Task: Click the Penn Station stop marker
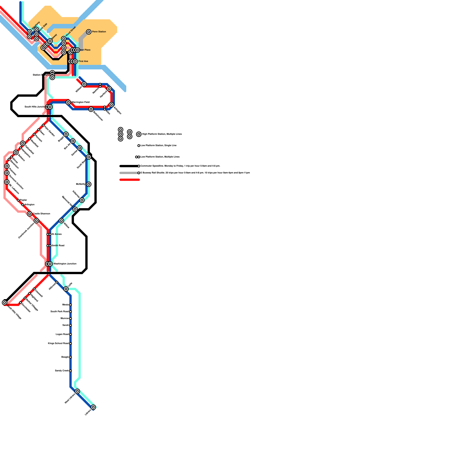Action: coord(89,32)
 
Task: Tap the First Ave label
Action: coord(83,61)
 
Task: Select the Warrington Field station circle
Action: coord(68,102)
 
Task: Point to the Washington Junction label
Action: coord(65,264)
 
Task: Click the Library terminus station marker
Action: coord(93,407)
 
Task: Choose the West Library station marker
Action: coord(77,391)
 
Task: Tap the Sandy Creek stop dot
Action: coord(71,371)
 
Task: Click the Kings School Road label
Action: coord(58,344)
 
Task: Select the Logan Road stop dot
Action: coord(71,334)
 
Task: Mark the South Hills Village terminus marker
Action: coord(5,303)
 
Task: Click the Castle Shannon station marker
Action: coord(30,214)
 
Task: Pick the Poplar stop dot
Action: coord(18,200)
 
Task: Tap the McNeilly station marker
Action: coord(89,184)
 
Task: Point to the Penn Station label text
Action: coord(99,32)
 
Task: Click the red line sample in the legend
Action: coord(130,180)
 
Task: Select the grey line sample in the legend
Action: coord(129,173)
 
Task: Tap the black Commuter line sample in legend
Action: coord(129,166)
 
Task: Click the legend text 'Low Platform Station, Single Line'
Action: coord(158,146)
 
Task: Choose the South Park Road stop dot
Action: coord(71,312)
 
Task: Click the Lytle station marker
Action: coord(66,289)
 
